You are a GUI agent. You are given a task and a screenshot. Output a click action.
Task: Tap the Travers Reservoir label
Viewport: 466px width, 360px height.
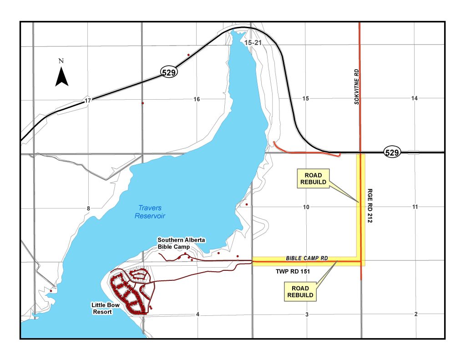(150, 212)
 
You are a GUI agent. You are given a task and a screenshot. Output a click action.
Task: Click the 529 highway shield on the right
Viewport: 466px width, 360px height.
(392, 152)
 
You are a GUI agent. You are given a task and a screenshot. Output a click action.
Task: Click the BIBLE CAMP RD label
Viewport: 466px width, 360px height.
(307, 258)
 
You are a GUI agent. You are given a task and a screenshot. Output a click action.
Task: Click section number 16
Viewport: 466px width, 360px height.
(197, 99)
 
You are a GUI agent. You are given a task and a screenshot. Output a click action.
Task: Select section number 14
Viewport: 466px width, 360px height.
(414, 98)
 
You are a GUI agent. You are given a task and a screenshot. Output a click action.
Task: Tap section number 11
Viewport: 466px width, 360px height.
(415, 207)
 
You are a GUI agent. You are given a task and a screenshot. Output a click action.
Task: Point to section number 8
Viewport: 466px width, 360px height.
(89, 208)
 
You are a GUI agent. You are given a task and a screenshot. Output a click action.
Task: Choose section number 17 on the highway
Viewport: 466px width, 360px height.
(88, 101)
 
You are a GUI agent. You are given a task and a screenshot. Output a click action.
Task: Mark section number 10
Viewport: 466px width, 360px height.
(306, 207)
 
